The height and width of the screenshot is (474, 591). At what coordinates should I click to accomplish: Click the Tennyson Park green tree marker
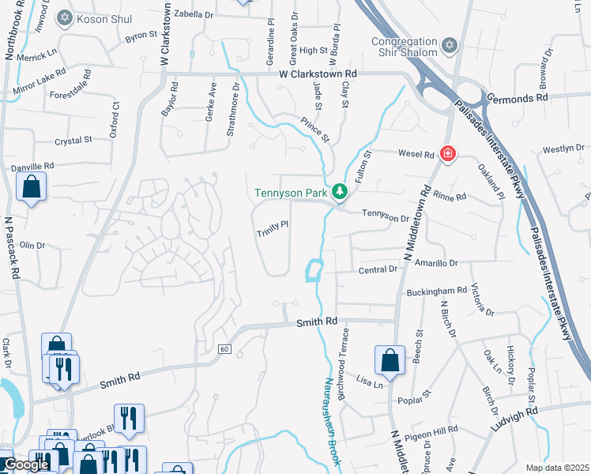(340, 191)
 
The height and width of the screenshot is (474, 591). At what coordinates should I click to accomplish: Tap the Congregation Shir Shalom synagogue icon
(450, 44)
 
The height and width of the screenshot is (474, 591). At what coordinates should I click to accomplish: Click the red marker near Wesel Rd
(447, 152)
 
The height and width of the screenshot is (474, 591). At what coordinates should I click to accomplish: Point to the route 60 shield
(224, 349)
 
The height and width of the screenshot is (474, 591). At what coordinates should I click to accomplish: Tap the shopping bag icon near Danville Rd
(32, 187)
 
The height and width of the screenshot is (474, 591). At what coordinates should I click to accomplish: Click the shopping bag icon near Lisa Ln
(390, 359)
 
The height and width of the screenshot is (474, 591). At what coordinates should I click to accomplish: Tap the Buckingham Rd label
(437, 292)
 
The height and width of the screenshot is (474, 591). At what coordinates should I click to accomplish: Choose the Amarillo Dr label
(431, 262)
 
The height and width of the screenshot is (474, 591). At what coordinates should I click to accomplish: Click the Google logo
(25, 465)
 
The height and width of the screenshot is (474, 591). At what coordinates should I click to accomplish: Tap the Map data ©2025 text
(557, 468)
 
